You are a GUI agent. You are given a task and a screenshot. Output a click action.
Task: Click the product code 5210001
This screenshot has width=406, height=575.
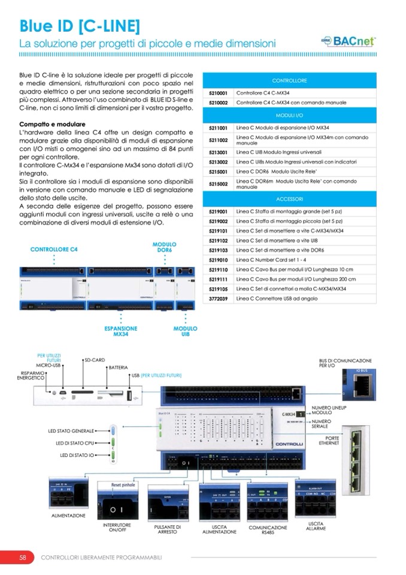(x=218, y=94)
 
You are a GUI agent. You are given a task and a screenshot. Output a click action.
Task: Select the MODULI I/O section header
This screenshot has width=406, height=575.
(x=290, y=114)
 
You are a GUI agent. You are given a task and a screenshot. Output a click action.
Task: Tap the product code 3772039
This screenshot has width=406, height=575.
(x=218, y=297)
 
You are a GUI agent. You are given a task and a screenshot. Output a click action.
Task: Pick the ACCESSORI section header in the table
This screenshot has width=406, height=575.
(x=290, y=198)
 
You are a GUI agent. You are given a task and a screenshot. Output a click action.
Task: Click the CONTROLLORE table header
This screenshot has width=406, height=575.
(x=290, y=80)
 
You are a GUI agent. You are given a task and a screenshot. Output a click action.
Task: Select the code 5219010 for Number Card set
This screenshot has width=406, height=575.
(x=218, y=260)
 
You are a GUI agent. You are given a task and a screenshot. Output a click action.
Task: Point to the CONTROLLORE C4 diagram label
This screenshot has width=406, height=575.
(x=54, y=249)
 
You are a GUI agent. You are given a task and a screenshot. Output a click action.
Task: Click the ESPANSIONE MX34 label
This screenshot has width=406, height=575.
(x=120, y=332)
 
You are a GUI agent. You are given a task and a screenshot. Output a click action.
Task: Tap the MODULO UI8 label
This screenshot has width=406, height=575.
(x=185, y=332)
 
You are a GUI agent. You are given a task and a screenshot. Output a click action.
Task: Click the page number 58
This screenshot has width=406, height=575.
(x=22, y=557)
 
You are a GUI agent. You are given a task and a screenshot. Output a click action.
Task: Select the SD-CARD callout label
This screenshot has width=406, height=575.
(x=95, y=360)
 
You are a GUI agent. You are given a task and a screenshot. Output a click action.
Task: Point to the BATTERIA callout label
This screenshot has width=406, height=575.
(x=119, y=367)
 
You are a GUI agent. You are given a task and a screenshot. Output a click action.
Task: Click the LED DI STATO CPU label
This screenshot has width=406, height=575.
(x=79, y=443)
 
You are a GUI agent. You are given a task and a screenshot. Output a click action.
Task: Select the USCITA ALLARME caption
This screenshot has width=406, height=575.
(x=316, y=526)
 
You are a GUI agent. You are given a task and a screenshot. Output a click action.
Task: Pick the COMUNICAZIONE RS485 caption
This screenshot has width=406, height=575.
(x=268, y=530)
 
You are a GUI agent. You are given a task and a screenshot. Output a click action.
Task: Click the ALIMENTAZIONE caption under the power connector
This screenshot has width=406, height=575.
(x=68, y=515)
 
